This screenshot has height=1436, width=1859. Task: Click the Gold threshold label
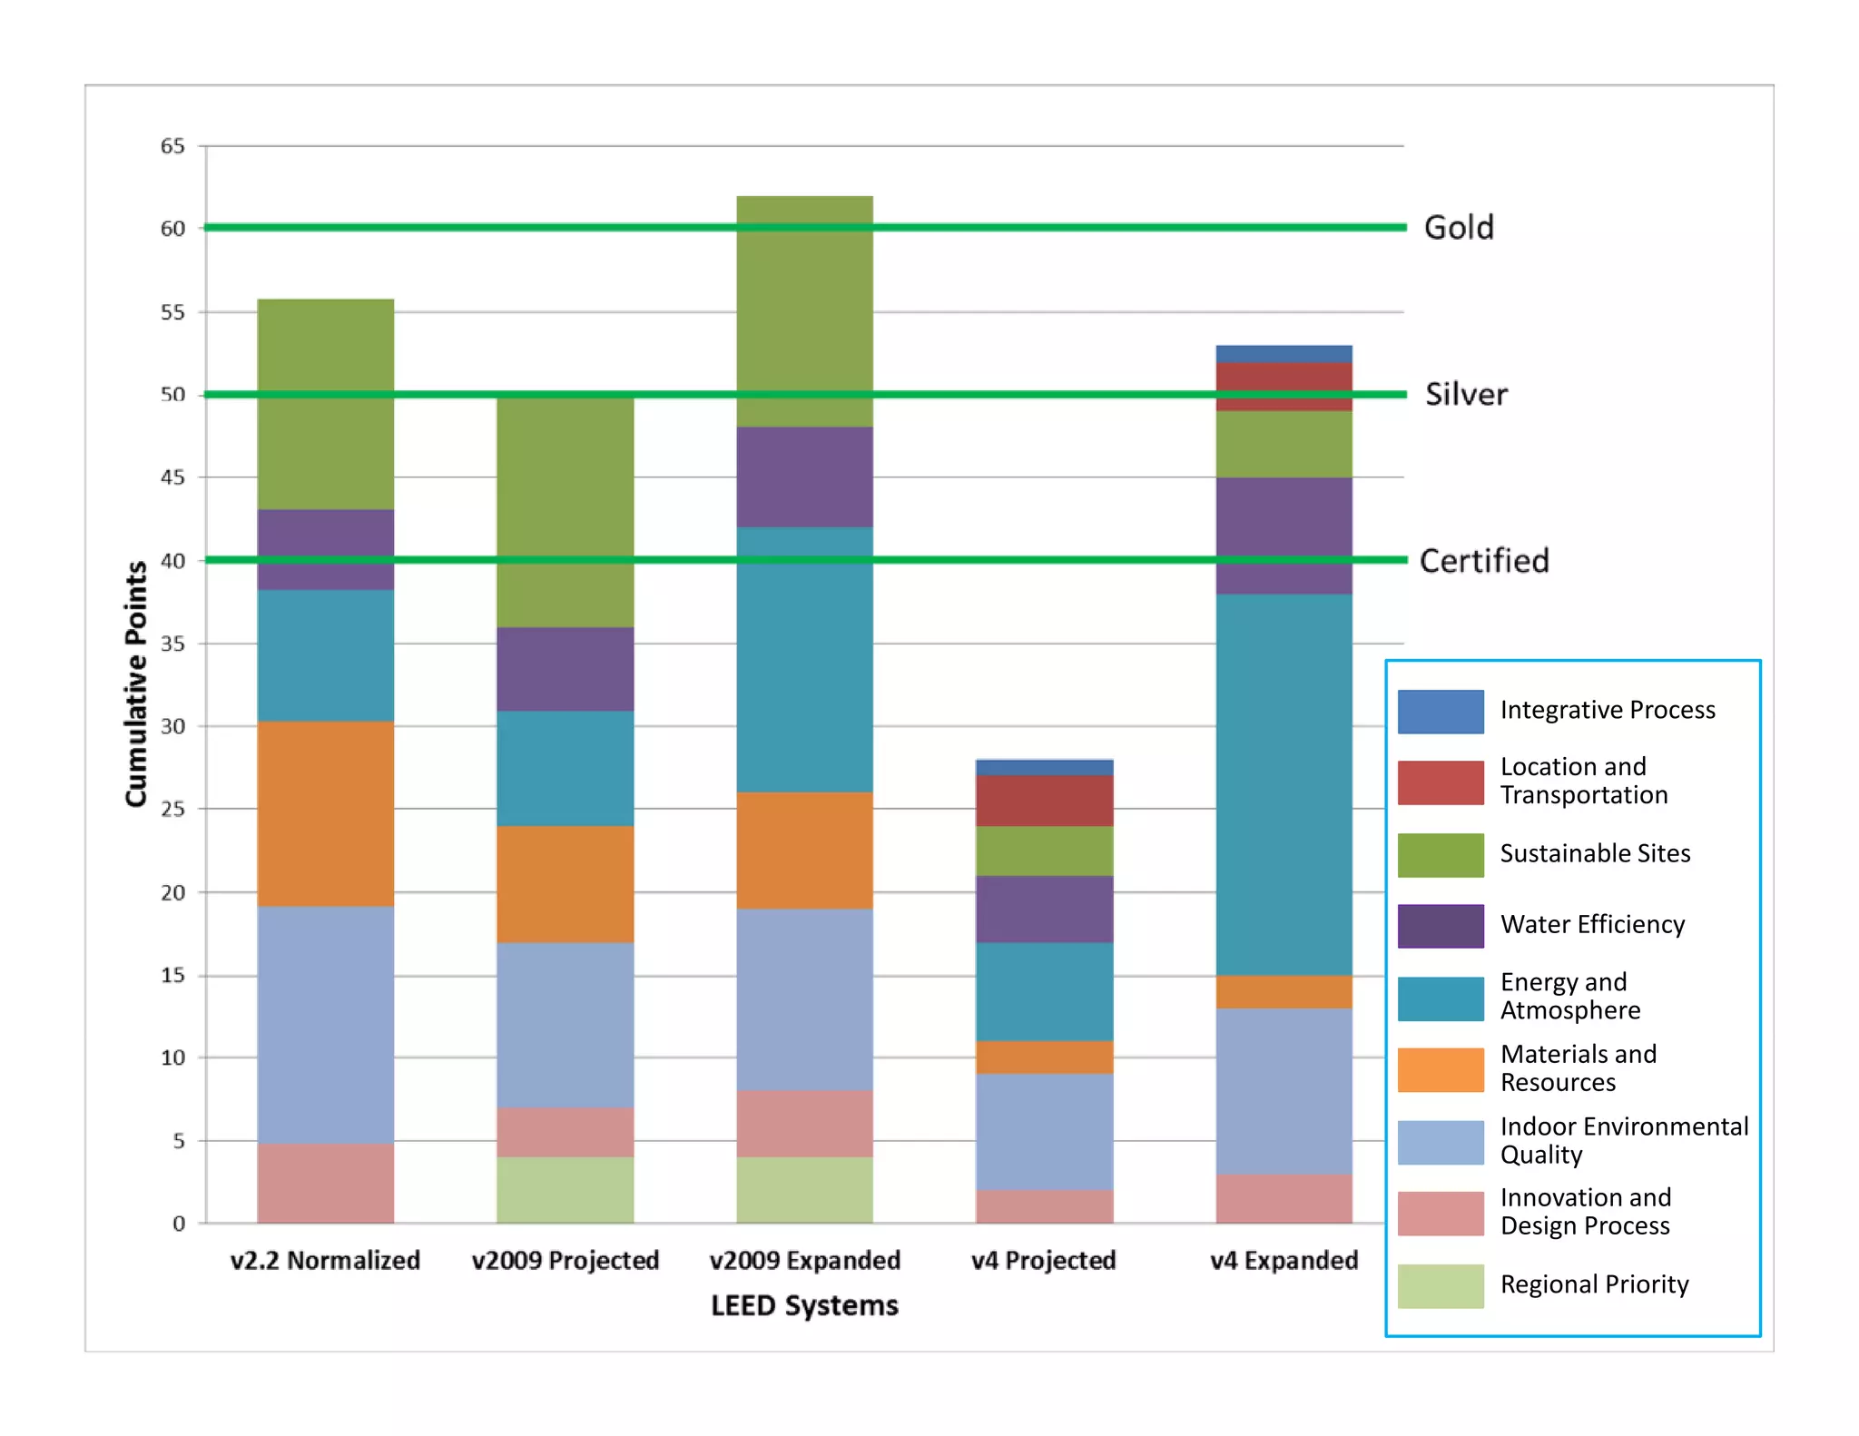(1459, 227)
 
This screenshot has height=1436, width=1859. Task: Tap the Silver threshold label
(1466, 394)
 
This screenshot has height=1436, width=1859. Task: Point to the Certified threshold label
(1484, 561)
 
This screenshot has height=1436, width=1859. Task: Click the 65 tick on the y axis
(172, 146)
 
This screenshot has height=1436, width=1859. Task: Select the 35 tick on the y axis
(172, 644)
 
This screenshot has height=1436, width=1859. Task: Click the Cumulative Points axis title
(136, 684)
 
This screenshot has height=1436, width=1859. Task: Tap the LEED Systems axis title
(804, 1305)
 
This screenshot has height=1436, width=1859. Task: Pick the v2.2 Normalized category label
(325, 1260)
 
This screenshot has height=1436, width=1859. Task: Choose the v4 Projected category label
(1044, 1260)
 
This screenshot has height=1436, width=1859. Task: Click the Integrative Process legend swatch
(1441, 712)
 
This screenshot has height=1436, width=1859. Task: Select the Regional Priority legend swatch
(1441, 1285)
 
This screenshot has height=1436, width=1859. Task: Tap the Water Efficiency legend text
(1592, 924)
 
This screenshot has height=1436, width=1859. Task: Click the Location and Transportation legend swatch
(1441, 782)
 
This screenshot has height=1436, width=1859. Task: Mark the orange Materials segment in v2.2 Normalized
(325, 813)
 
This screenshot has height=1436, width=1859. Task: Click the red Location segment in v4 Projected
(1044, 801)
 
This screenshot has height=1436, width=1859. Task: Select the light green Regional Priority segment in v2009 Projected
(565, 1189)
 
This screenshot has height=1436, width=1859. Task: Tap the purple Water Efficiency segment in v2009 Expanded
(804, 477)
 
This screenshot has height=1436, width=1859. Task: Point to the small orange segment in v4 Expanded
(1284, 992)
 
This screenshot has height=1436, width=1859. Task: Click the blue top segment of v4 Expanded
(1284, 354)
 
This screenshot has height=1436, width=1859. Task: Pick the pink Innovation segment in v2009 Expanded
(804, 1123)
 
